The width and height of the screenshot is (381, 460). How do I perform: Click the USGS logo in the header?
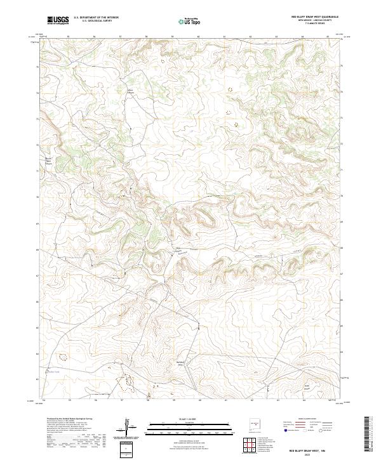coord(58,20)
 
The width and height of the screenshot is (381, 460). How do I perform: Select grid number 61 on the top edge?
coord(225,37)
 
